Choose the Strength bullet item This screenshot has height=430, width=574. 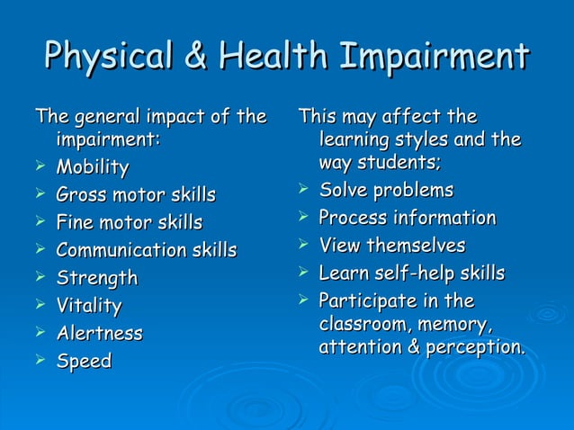pos(97,278)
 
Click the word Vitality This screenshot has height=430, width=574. pos(89,306)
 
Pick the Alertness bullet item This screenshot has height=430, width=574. pos(99,334)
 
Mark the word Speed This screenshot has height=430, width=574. pos(84,362)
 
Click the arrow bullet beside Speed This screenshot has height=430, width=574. pos(40,362)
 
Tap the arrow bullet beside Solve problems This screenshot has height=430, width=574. pos(303,190)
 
